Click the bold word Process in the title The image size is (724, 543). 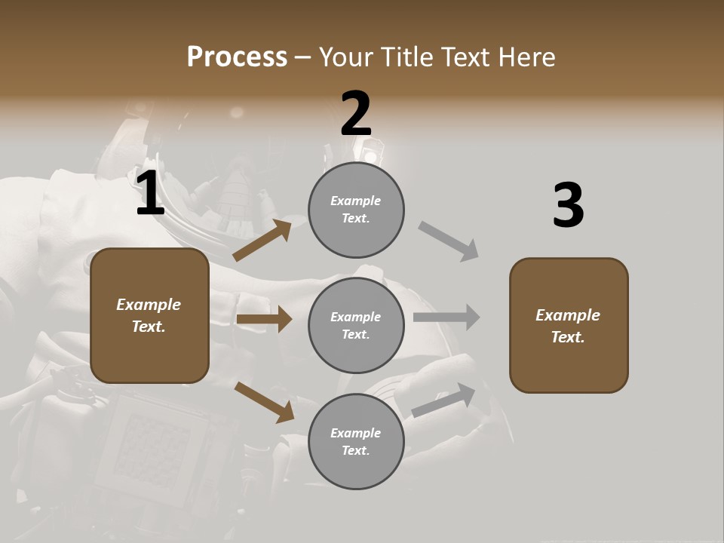tap(237, 57)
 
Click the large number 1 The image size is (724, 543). tap(150, 195)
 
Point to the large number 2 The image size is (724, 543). tap(356, 114)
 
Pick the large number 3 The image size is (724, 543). tap(568, 205)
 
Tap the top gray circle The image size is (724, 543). tap(356, 210)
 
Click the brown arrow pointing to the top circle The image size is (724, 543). tap(262, 240)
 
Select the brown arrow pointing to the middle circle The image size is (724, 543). tap(264, 319)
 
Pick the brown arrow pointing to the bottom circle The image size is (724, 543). tap(264, 401)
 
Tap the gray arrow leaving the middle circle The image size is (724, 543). tap(446, 317)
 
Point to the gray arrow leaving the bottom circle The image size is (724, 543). tap(444, 399)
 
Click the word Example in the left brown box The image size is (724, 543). tap(149, 305)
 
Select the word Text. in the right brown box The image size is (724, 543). tap(568, 337)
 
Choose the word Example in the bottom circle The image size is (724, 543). tap(356, 433)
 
